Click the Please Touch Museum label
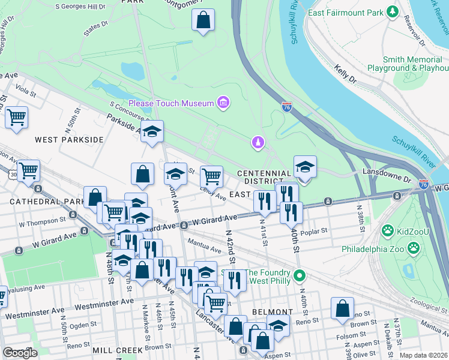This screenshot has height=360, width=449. coord(171,103)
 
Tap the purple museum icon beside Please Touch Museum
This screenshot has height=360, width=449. coord(223,103)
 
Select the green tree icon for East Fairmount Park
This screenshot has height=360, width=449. coord(393,12)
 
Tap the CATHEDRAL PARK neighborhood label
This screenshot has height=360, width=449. coord(39,202)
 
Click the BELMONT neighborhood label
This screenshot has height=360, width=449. coord(272,312)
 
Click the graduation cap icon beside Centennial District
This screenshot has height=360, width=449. coord(305,167)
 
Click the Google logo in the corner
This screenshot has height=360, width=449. coord(19,353)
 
